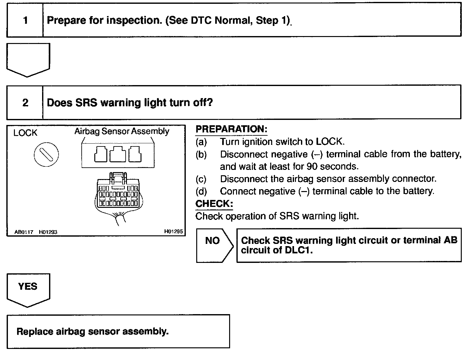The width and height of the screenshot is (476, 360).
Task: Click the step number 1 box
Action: point(25,21)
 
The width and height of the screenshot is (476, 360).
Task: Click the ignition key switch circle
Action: point(46,154)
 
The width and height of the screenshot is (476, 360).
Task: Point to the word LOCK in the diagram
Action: point(25,133)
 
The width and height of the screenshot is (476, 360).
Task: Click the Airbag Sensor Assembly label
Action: point(122,131)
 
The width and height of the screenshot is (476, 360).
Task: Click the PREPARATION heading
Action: point(231,129)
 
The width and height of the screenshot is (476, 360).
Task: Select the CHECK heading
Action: point(214,203)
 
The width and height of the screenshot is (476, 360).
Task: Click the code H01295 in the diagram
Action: point(173,232)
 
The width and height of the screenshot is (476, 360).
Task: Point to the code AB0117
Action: point(24,232)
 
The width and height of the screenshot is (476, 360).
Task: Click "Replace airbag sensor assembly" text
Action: point(92,332)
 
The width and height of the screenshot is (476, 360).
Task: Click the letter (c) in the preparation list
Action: point(201,179)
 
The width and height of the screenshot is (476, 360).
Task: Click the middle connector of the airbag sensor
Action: point(118,155)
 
